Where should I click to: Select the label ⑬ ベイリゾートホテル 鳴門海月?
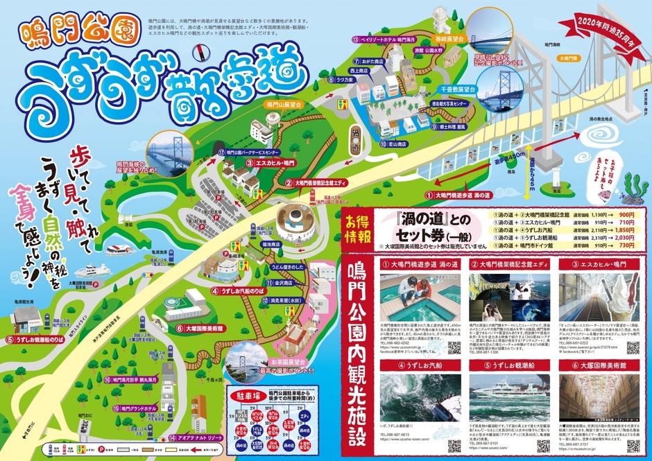pos(388,40)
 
